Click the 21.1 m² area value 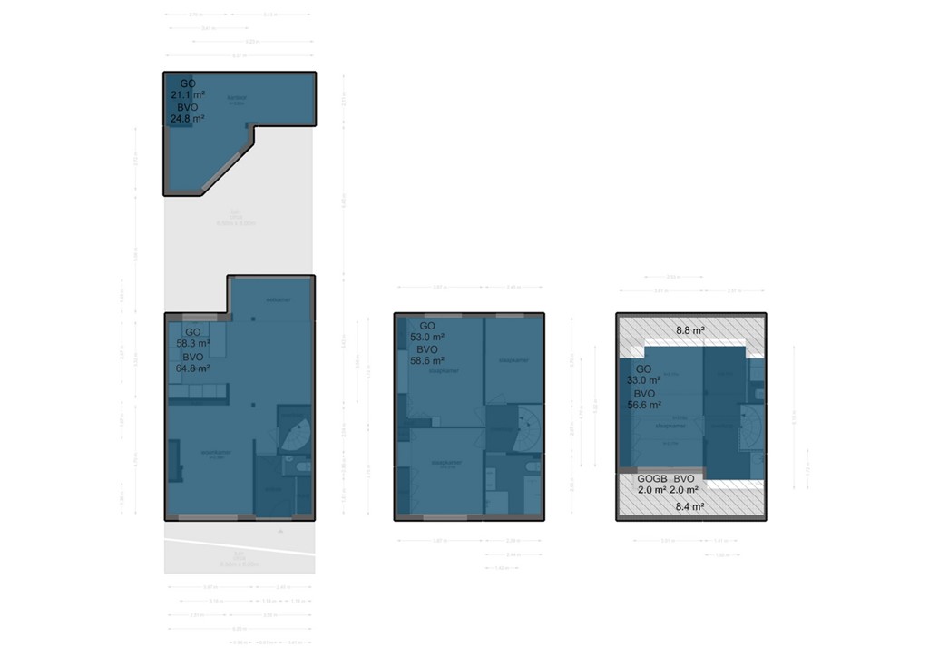[186, 94]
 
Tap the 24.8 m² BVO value [187, 118]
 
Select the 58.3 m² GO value [192, 344]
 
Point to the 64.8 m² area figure [192, 368]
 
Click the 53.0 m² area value [428, 337]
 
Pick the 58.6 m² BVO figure [428, 360]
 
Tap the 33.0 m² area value [643, 381]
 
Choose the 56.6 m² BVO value [643, 406]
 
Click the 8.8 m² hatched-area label [690, 331]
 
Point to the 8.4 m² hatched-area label [690, 507]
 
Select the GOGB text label [652, 478]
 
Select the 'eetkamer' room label [278, 299]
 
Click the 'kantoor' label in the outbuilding [238, 98]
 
